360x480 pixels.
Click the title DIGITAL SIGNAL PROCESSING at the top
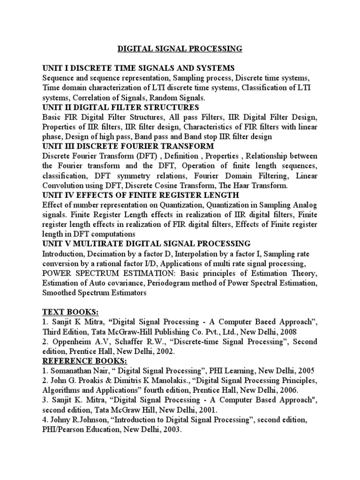[x=179, y=48]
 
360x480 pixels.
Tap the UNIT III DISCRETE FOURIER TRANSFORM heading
[x=128, y=146]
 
